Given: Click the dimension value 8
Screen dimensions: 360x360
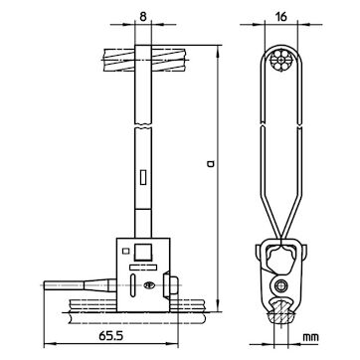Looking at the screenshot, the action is [143, 17].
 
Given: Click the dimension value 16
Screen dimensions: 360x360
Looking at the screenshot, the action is [281, 17].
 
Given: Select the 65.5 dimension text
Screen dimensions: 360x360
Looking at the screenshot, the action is [111, 336].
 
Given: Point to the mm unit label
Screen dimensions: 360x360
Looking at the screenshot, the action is [310, 337].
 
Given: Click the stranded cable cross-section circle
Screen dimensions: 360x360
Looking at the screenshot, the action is [281, 61].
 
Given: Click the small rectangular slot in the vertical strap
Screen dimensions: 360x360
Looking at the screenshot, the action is [143, 177].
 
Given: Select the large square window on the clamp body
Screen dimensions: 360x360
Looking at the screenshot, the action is [142, 253].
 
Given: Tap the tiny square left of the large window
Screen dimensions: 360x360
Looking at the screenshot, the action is [125, 251].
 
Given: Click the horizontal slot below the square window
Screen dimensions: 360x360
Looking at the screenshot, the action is [143, 267].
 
